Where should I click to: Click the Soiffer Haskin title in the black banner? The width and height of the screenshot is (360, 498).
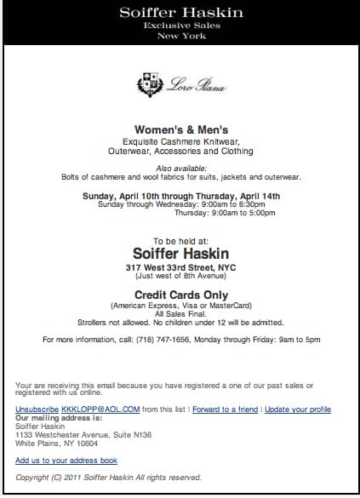[x=180, y=13]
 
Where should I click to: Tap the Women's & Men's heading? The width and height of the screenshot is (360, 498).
[x=180, y=130]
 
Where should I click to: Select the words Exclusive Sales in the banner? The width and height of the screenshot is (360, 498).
[x=180, y=26]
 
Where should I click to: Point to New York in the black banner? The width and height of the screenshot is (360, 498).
[x=180, y=37]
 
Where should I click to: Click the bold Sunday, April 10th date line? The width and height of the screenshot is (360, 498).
[x=180, y=196]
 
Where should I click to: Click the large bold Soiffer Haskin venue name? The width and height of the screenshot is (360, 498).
[x=180, y=253]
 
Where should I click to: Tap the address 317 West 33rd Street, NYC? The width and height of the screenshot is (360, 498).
[x=180, y=267]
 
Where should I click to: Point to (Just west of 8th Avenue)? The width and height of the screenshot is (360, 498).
[x=180, y=277]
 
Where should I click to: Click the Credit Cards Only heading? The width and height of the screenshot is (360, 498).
[x=180, y=294]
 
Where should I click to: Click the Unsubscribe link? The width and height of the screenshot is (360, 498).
[x=37, y=409]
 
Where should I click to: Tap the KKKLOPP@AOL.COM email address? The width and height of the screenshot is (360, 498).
[x=89, y=409]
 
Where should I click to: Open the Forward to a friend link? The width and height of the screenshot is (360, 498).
[x=225, y=409]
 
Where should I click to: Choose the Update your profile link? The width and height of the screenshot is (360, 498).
[x=297, y=409]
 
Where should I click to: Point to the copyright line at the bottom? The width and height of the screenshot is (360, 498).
[x=108, y=478]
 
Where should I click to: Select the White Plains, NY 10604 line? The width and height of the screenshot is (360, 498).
[x=56, y=444]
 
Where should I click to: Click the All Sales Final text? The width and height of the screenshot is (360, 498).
[x=180, y=314]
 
